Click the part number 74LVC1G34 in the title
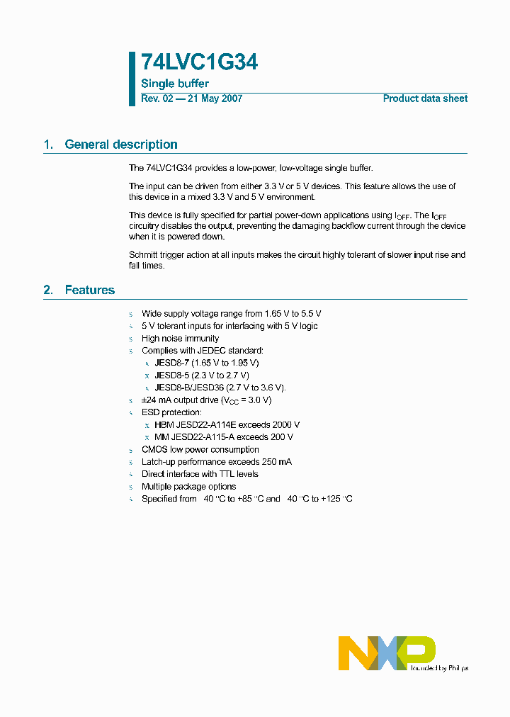pos(199,63)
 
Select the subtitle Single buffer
pos(175,84)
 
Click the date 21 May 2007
pos(215,98)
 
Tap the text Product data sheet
pos(425,98)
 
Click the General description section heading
pos(120,145)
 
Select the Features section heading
pos(89,290)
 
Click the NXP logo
pos(386,652)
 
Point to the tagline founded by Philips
pos(439,667)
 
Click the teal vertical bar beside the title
pos(132,79)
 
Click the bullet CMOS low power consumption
pos(200,449)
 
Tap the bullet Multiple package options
pos(190,487)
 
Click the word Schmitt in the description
pos(144,255)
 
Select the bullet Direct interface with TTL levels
pos(200,474)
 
